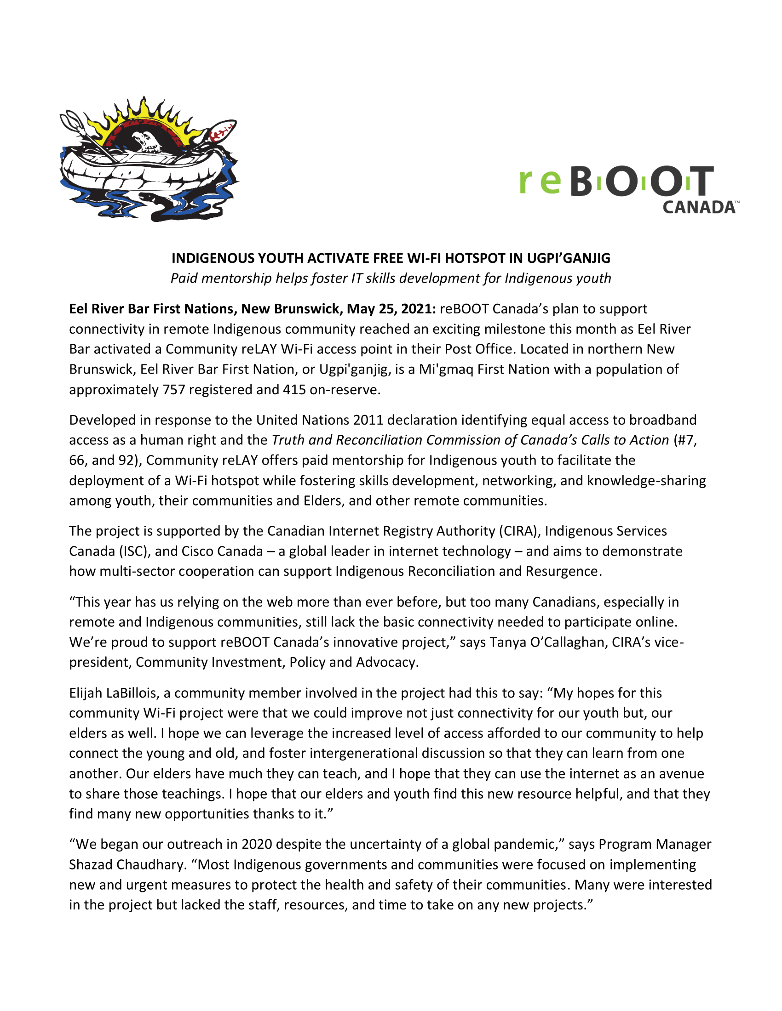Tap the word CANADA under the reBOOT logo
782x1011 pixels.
(x=699, y=207)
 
